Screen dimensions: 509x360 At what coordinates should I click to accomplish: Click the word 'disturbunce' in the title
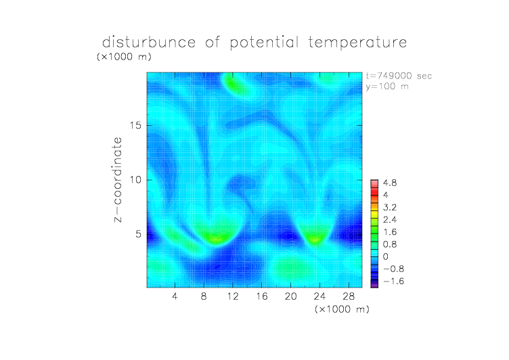point(149,42)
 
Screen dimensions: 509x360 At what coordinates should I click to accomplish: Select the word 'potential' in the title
point(264,43)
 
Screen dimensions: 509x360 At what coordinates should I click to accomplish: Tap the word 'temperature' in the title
point(357,43)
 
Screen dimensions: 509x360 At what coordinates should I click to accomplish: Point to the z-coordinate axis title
point(118,179)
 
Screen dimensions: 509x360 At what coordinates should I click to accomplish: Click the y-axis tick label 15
point(135,125)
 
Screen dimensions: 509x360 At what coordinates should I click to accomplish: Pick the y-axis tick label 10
point(135,180)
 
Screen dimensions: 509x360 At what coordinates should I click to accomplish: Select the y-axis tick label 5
point(139,234)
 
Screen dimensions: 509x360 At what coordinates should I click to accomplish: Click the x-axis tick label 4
point(175,296)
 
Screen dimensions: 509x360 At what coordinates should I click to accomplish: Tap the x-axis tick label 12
point(233,296)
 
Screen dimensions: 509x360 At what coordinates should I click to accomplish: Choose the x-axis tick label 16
point(262,296)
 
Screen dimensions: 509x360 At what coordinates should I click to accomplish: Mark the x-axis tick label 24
point(319,296)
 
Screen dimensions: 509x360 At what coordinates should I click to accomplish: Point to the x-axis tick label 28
point(349,296)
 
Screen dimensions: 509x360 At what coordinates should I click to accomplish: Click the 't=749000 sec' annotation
point(399,76)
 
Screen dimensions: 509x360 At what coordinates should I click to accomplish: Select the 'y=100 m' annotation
point(387,87)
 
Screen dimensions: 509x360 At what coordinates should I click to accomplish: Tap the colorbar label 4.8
point(390,183)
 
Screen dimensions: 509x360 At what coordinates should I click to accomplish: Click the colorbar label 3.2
point(390,208)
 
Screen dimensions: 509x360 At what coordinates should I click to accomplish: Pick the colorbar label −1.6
point(393,281)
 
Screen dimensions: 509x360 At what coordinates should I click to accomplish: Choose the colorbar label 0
point(386,256)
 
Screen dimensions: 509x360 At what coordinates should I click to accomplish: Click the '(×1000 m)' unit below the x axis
point(342,309)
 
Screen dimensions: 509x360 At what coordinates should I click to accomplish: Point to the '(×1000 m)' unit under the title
point(124,56)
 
